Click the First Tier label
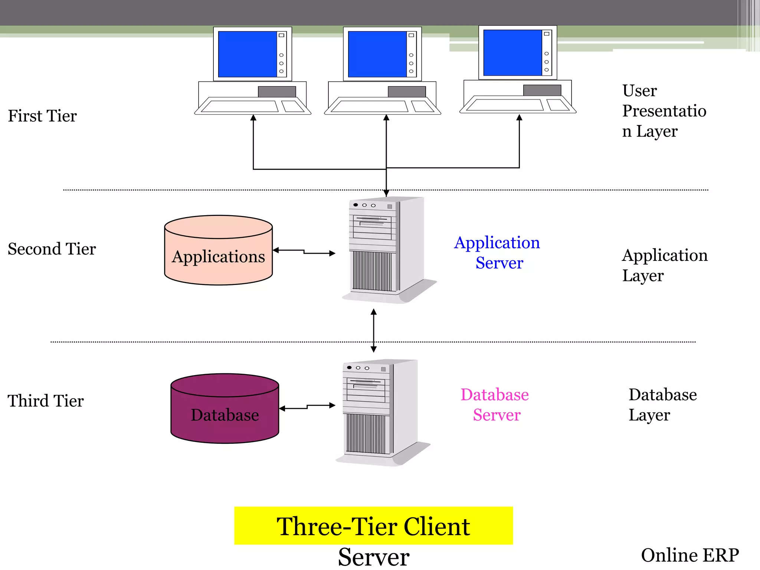click(42, 116)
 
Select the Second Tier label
click(52, 249)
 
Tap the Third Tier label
click(46, 401)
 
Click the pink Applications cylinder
click(218, 256)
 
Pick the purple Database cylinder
click(225, 414)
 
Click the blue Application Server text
click(497, 252)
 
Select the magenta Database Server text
click(495, 404)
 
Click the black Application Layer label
click(664, 265)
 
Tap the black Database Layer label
click(662, 404)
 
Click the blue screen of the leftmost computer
click(248, 54)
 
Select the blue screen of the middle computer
click(377, 54)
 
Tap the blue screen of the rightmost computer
click(512, 53)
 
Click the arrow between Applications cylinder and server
click(304, 252)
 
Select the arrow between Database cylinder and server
click(307, 407)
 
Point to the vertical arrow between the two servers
click(374, 330)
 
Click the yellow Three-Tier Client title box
click(373, 525)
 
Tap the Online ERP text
click(689, 555)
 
